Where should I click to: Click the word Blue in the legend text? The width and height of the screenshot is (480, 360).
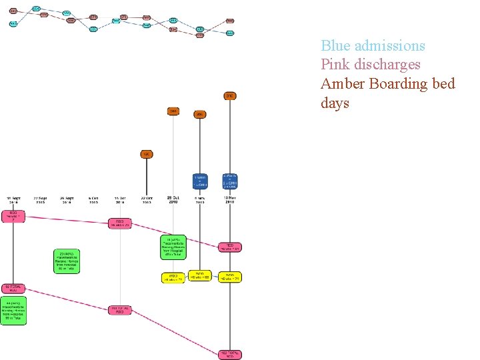pos(336,46)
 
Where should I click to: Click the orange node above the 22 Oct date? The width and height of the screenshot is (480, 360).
pos(147,155)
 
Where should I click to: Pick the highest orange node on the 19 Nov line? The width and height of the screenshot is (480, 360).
pos(230,96)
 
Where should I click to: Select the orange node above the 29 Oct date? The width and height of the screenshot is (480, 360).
pos(173,111)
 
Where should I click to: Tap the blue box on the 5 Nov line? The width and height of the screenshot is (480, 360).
pos(200,181)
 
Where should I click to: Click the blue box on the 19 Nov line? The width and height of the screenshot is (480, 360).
pos(230,181)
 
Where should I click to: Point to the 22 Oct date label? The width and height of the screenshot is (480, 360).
pos(147,199)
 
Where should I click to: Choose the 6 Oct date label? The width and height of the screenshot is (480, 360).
pos(93,199)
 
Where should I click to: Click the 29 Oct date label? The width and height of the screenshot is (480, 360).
pos(173,199)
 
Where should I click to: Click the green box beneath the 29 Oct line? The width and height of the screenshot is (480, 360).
pos(173,247)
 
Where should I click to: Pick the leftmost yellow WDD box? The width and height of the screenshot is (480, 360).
pos(173,277)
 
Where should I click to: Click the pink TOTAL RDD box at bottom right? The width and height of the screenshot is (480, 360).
pos(229,354)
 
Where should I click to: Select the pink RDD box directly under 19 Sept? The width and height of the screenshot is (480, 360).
pos(14,217)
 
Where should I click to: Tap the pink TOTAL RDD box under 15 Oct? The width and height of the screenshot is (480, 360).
pos(120,310)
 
